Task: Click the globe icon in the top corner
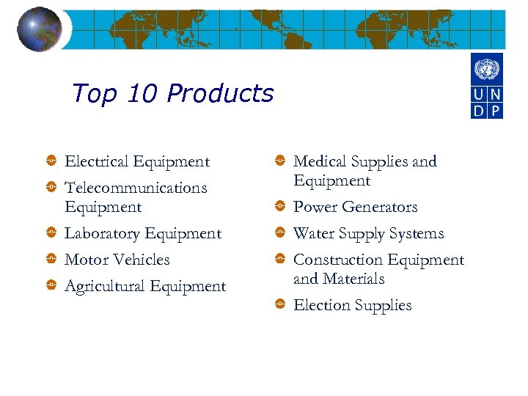coord(40,29)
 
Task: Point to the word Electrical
coord(98,161)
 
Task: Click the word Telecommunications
coord(136,188)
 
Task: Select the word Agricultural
coord(104,286)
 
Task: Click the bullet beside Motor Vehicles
coord(51,260)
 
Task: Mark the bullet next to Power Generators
coord(280,208)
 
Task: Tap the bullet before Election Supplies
coord(280,305)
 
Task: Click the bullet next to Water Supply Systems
coord(280,233)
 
